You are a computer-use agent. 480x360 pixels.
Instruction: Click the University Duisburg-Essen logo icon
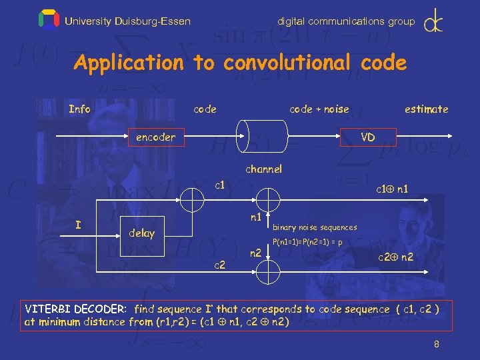click(49, 20)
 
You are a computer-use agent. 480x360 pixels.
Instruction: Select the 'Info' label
click(79, 109)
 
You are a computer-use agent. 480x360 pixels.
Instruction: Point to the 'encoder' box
click(155, 137)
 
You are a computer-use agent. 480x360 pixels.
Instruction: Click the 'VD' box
click(367, 137)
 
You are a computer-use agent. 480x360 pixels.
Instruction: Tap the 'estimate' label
click(426, 109)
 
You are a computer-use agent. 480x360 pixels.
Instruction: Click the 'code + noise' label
click(319, 109)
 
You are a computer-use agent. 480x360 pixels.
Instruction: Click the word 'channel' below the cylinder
click(263, 169)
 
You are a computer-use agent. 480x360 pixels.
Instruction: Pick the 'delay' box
click(142, 233)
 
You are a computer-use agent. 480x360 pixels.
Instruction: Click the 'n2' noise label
click(255, 253)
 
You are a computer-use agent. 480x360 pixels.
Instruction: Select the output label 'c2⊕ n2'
click(395, 257)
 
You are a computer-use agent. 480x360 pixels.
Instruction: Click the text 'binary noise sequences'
click(315, 227)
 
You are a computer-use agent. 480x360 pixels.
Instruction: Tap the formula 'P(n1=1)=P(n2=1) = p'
click(307, 242)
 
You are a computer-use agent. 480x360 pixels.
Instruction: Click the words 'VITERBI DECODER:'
click(76, 309)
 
